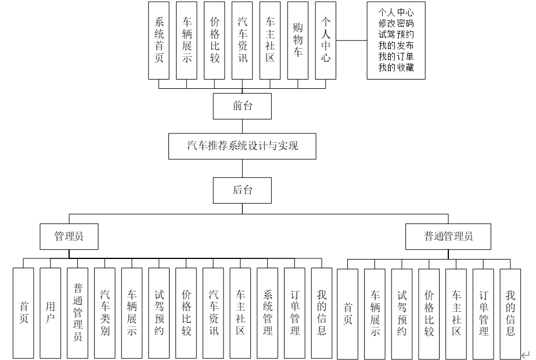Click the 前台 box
pos(242,106)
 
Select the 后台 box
pos(242,190)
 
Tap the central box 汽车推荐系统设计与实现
pos(242,146)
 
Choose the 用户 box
pos(51,312)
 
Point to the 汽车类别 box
pos(105,312)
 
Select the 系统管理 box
pos(268,312)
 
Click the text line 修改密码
pos(395,24)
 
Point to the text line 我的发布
pos(395,46)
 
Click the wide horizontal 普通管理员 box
pos(449,236)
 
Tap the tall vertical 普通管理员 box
pos(78,312)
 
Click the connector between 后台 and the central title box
pos(242,168)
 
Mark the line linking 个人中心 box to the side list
pos(352,41)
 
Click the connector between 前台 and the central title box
pos(242,125)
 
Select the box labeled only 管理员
pos(69,236)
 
